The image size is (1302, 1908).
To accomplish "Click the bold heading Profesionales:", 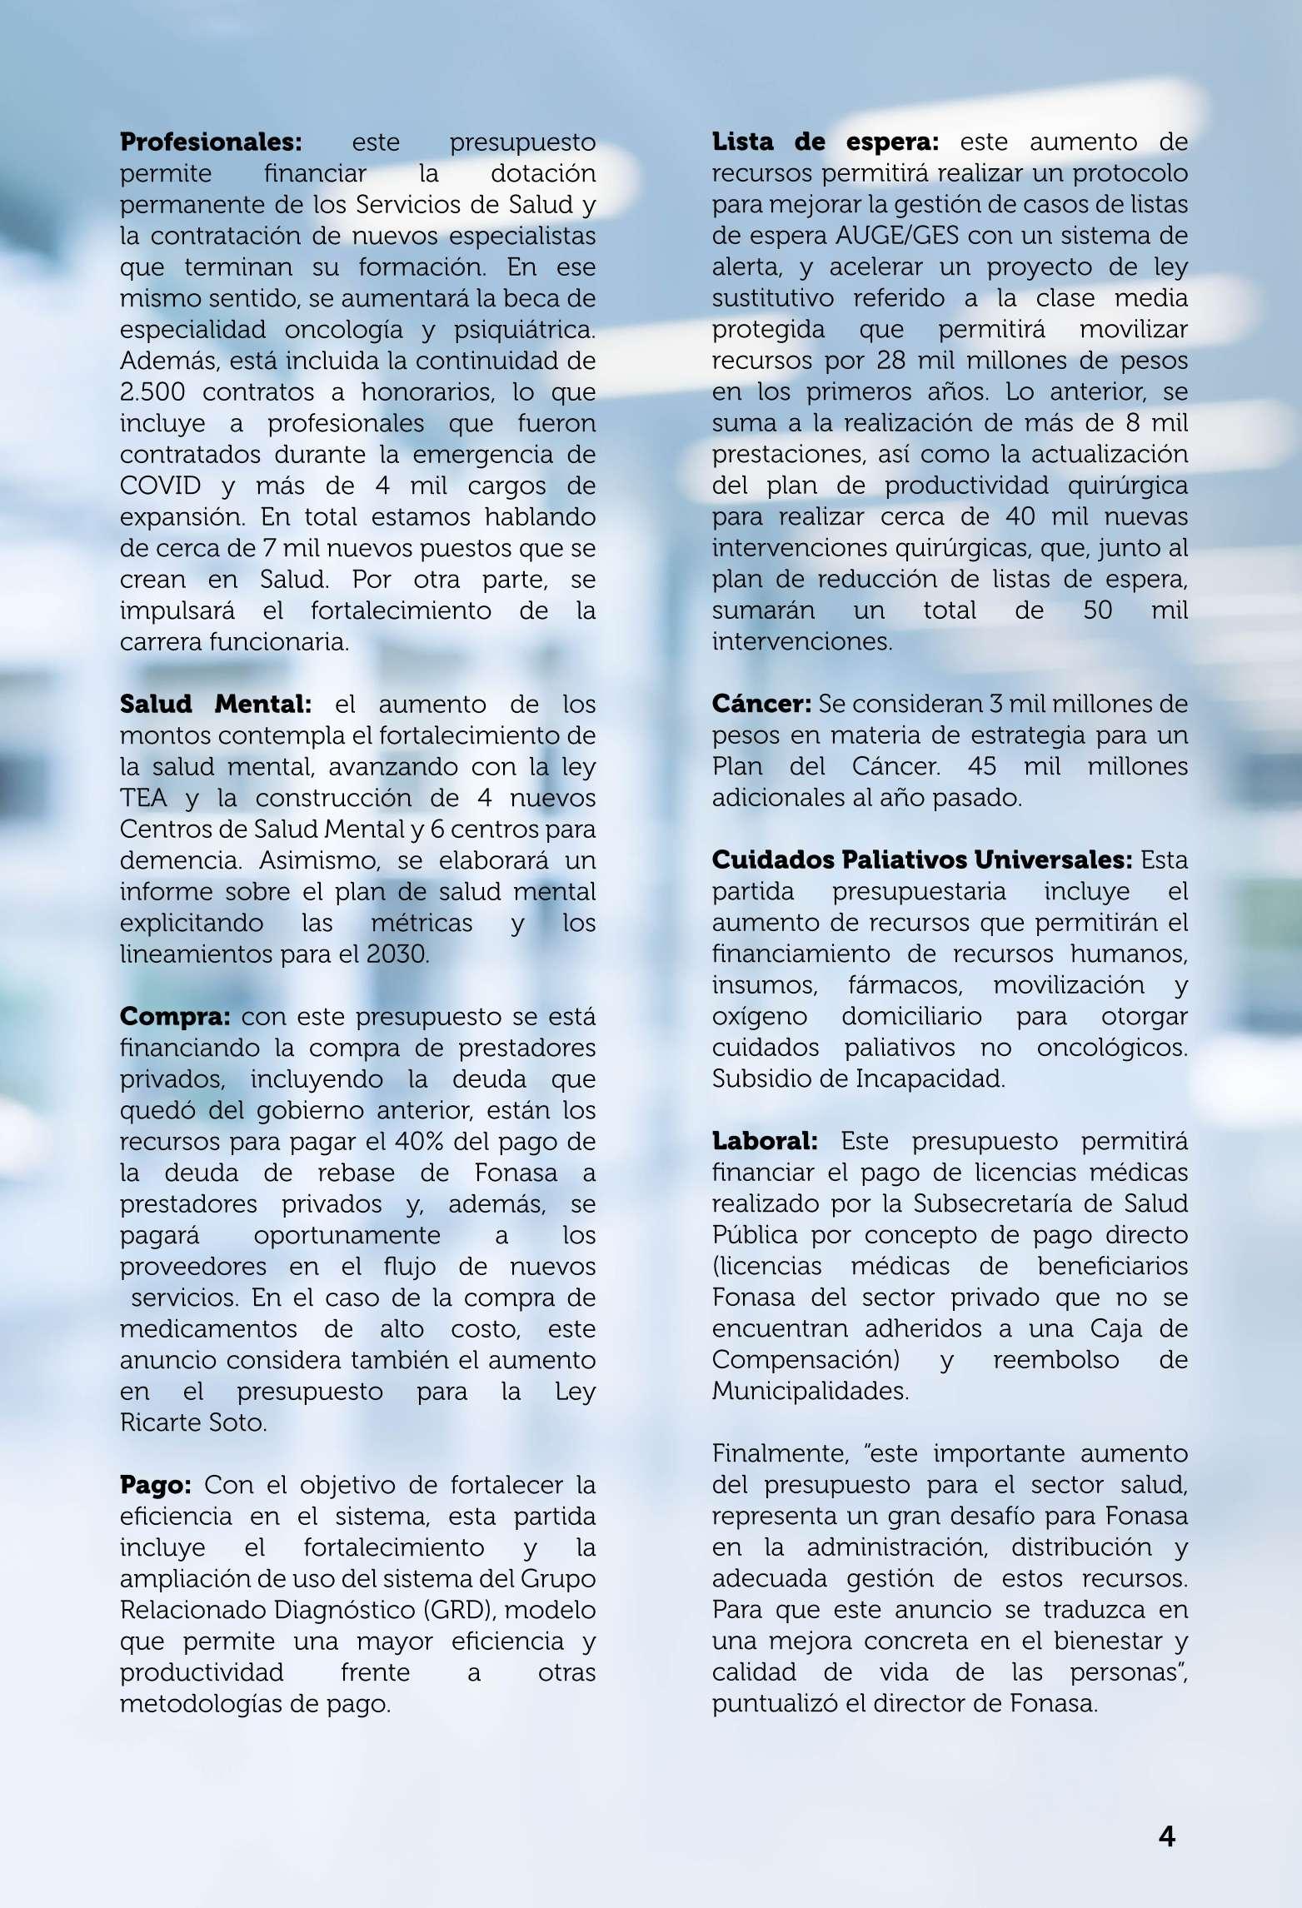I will (x=211, y=142).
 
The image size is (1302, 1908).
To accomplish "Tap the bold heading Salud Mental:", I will (x=216, y=705).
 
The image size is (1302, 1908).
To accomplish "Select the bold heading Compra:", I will (x=175, y=1017).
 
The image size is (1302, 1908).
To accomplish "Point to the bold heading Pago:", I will (x=156, y=1485).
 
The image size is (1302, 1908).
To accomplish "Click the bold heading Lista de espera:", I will (x=825, y=142).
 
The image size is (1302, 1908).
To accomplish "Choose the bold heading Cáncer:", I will (x=761, y=705).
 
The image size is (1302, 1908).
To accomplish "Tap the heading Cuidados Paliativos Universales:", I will (x=922, y=860).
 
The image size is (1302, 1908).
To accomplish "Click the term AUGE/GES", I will (x=898, y=237).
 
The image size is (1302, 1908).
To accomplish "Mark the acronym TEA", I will (x=144, y=799).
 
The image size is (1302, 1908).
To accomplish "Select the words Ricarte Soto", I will (x=192, y=1422).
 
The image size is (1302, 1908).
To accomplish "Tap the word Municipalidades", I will (x=810, y=1391).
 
